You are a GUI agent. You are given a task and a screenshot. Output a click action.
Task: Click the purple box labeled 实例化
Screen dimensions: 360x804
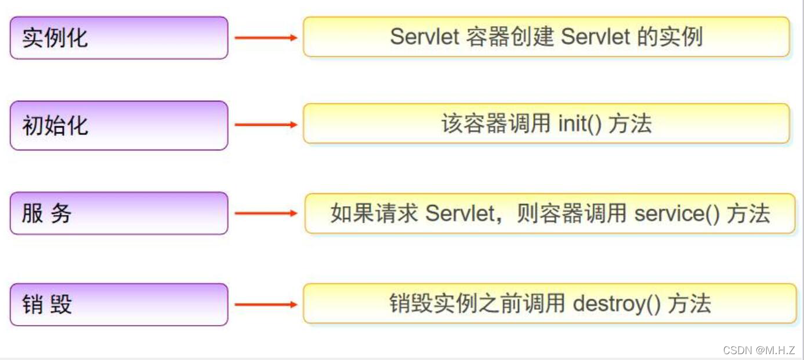119,38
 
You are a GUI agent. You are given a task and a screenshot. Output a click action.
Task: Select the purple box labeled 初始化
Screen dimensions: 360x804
119,125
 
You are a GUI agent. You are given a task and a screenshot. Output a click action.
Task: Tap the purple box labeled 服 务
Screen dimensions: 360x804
119,213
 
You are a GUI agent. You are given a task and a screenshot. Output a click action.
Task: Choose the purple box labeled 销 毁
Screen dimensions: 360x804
119,305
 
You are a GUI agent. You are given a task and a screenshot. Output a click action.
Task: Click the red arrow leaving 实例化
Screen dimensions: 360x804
266,38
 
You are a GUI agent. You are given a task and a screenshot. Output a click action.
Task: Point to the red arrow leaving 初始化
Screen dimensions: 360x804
266,125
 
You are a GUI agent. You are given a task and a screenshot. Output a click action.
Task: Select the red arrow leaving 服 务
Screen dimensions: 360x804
266,213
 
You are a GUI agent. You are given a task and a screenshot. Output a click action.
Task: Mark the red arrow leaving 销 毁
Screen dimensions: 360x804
266,305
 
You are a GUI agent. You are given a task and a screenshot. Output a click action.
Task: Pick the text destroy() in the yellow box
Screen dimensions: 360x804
617,304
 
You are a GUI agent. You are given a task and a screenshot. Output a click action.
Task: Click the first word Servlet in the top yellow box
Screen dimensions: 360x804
425,37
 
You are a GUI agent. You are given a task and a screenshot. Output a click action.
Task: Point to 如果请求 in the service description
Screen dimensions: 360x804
374,214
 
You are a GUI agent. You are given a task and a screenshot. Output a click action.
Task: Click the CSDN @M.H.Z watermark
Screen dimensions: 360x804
759,350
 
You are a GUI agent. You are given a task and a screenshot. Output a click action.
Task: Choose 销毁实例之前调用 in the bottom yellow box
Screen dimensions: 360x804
477,304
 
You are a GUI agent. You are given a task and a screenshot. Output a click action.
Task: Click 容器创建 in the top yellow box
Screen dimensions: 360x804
510,37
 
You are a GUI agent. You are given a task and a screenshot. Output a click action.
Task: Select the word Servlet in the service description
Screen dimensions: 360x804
460,214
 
